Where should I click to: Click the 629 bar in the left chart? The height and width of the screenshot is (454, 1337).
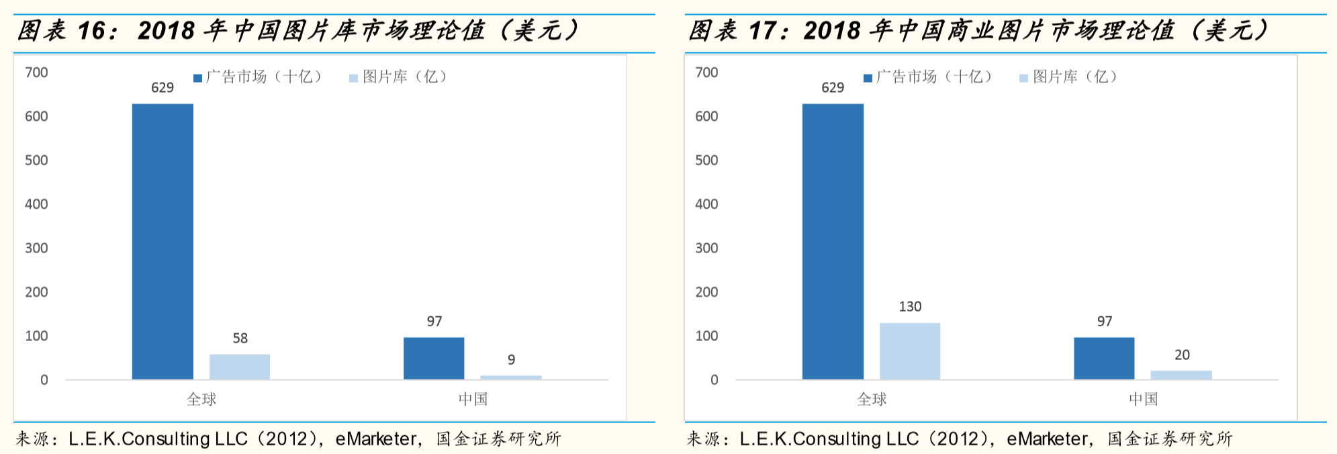(163, 242)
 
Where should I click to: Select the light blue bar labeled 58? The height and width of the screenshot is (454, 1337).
(240, 367)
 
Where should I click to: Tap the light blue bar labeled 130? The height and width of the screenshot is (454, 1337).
(910, 351)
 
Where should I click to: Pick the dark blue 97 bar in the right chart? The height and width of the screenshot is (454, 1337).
(1104, 358)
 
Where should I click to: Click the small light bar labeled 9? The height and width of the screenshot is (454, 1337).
(511, 377)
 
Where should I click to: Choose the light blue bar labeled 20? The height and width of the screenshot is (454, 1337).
(1181, 375)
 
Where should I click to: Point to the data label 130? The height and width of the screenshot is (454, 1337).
(910, 307)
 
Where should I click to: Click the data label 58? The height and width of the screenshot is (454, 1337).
(240, 338)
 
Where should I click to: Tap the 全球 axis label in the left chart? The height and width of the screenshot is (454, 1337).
(201, 400)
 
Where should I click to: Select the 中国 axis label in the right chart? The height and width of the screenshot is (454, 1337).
(1143, 400)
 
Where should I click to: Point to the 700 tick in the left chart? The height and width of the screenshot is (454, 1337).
(36, 73)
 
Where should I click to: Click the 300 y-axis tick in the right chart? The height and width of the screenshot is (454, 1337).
(706, 248)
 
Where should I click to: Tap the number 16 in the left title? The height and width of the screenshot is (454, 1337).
(91, 31)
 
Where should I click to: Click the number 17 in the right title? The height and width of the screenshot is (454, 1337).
(762, 31)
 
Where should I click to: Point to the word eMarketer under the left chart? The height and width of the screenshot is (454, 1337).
(376, 439)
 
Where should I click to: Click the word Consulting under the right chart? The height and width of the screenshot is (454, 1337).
(837, 439)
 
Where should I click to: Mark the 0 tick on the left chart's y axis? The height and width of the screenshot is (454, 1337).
(44, 380)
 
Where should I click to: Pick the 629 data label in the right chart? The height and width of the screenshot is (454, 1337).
(833, 88)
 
